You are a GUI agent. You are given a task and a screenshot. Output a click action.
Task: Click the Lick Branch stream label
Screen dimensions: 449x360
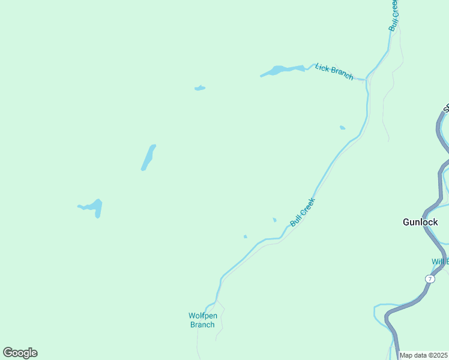point(334,71)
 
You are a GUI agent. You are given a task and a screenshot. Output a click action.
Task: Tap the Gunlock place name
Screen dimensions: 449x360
point(420,222)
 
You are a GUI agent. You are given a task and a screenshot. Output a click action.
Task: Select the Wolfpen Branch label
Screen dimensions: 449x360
point(202,320)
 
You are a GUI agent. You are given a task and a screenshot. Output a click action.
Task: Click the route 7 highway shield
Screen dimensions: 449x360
point(430,279)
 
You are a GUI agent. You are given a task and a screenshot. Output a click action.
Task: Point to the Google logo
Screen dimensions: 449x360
point(20,353)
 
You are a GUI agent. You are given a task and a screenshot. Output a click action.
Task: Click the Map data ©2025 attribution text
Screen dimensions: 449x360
point(424,355)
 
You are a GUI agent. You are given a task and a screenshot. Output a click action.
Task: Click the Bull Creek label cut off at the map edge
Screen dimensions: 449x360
point(393,16)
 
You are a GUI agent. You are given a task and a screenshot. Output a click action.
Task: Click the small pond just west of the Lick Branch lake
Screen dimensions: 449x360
point(200,88)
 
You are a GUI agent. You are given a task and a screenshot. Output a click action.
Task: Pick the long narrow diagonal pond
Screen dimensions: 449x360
point(148,157)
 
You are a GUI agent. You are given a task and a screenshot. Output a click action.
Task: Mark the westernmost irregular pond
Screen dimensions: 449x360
point(92,207)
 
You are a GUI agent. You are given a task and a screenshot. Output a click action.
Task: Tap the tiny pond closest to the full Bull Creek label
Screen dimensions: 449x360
point(274,220)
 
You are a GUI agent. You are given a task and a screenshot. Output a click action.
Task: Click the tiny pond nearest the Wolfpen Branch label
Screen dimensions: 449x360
point(245,236)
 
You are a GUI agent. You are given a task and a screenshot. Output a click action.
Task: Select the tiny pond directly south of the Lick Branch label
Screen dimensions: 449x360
point(342,127)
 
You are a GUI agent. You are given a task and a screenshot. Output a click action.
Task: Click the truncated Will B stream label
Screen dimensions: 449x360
point(439,262)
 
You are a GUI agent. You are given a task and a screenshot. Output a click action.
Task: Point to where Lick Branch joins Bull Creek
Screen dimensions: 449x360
point(366,79)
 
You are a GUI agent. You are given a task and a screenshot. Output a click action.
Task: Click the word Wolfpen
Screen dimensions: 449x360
point(202,316)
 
